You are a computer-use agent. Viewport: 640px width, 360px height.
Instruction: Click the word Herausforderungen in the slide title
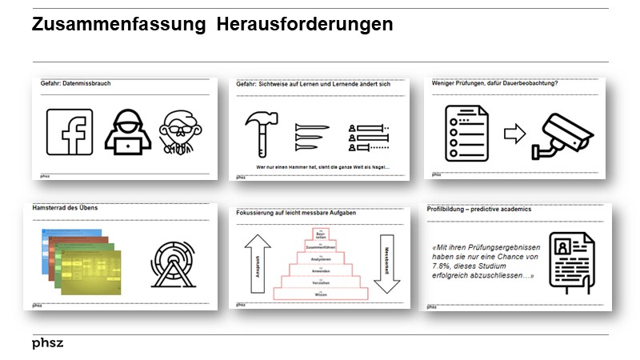coord(305,25)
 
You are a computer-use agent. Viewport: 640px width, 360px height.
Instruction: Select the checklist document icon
coord(466,134)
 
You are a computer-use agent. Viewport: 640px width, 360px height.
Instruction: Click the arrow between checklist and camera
coord(514,134)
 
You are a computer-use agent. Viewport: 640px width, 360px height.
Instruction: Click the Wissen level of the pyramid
coord(322,294)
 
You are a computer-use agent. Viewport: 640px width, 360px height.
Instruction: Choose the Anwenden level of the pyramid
coord(322,271)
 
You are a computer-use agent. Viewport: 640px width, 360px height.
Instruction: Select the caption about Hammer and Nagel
coord(322,165)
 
